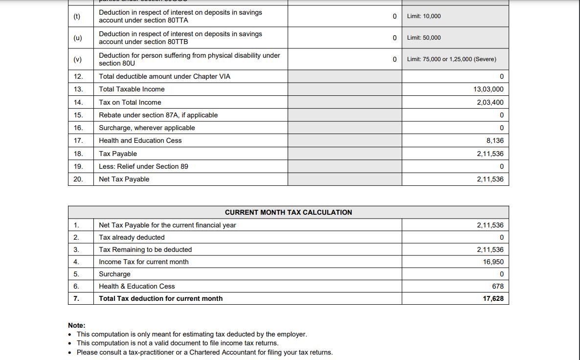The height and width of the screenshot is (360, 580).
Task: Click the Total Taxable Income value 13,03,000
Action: pos(488,89)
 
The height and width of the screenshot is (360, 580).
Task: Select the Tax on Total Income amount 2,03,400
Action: pos(490,102)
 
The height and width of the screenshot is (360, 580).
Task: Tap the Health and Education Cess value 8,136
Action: pos(495,140)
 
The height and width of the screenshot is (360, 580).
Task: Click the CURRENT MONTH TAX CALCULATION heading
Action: pos(288,212)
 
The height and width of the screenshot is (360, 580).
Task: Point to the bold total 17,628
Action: pos(493,298)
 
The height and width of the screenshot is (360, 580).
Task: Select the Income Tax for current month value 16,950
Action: pos(493,262)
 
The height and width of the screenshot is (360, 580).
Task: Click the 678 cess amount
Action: pos(497,286)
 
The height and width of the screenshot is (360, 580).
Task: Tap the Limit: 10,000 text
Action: pos(424,16)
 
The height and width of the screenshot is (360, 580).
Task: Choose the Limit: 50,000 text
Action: pos(424,38)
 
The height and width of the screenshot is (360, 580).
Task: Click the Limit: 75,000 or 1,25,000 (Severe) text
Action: pos(451,59)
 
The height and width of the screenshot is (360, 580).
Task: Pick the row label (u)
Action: pos(77,38)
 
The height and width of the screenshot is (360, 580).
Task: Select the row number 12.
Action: pos(78,76)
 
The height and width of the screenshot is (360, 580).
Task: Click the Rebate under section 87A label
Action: pos(158,115)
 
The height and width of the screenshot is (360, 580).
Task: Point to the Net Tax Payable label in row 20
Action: pos(124,179)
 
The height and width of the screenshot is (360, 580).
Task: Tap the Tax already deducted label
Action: pos(132,237)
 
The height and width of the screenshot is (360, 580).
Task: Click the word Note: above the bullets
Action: pos(77,325)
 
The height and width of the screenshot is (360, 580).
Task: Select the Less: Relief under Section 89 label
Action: pos(143,166)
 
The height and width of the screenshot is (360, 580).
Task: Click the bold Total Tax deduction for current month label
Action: pos(160,298)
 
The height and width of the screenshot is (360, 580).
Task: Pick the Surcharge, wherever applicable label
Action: pos(147,128)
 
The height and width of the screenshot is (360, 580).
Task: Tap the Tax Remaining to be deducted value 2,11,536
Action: pos(490,249)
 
